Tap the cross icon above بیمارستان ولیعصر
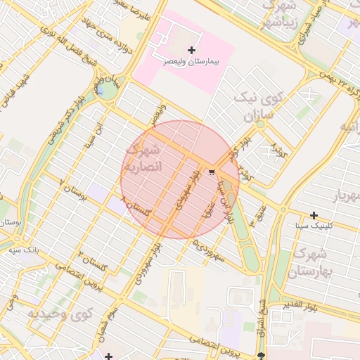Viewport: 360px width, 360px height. (192, 51)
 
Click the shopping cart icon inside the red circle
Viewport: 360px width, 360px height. (212, 172)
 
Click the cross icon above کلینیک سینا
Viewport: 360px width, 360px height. (314, 215)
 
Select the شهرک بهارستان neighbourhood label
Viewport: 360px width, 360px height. (309, 262)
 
